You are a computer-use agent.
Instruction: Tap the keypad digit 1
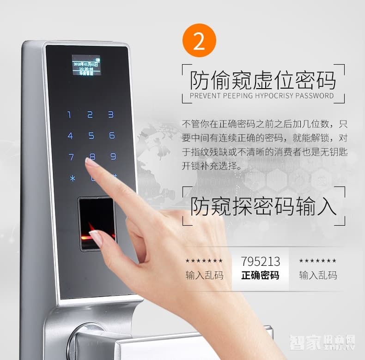[x=70, y=114]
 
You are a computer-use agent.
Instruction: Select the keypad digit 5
[x=91, y=136]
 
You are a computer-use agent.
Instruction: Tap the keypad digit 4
[x=70, y=136]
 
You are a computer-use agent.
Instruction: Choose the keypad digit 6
[x=112, y=135]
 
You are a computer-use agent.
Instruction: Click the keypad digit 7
[x=71, y=157]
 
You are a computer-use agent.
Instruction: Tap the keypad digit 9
[x=113, y=156]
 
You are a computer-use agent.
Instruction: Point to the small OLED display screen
[x=86, y=65]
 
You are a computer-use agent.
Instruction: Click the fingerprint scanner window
[x=97, y=223]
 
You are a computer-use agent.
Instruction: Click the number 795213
[x=260, y=261]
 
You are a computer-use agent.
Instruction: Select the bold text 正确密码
[x=260, y=276]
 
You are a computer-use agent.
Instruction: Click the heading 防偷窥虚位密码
[x=263, y=80]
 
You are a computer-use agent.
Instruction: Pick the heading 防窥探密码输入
[x=263, y=206]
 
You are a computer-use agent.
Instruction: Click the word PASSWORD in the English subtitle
[x=315, y=96]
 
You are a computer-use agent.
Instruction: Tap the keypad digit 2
[x=90, y=114]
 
